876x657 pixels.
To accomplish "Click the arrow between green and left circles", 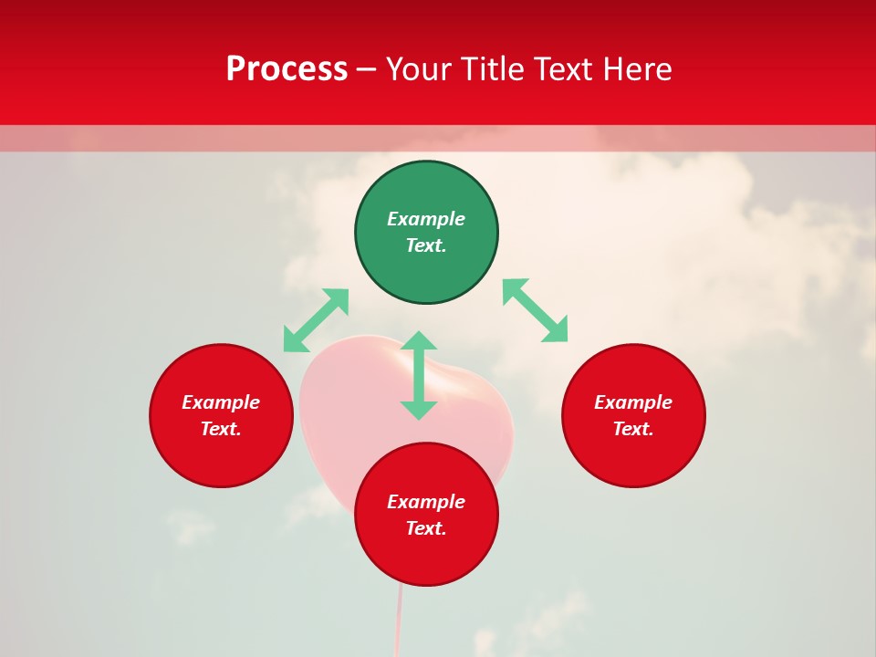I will tap(316, 320).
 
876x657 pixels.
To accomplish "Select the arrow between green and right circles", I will tap(536, 310).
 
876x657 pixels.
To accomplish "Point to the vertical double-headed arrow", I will tap(419, 376).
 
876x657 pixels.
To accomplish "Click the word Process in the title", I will tap(287, 69).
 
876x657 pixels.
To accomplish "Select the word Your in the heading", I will tap(419, 69).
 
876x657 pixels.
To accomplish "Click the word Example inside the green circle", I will tap(426, 219).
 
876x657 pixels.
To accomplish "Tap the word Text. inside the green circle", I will tap(426, 245).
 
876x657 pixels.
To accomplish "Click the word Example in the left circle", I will tap(221, 402).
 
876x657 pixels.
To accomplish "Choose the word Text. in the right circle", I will tap(633, 429).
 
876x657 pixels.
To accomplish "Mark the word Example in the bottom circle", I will tap(426, 502).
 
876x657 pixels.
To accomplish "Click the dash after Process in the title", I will tap(366, 70).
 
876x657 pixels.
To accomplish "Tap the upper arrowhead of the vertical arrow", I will tap(419, 341).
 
